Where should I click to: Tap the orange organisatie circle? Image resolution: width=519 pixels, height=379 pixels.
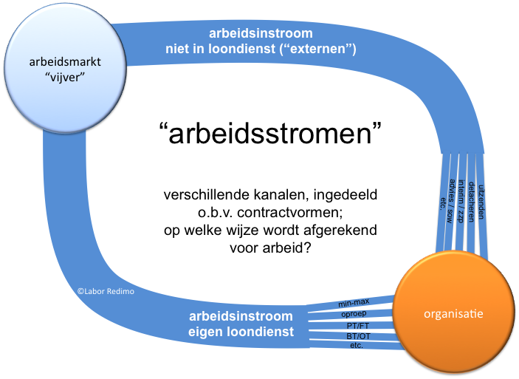(453, 313)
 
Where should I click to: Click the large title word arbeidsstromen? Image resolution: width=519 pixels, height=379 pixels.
(270, 133)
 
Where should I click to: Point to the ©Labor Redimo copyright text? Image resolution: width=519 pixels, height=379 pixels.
(106, 292)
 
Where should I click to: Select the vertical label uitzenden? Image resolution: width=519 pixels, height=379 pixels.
(481, 202)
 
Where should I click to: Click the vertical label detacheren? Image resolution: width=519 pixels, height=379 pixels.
(472, 202)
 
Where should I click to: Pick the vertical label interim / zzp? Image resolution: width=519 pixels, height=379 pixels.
(461, 201)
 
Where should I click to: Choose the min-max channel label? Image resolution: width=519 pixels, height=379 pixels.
(354, 303)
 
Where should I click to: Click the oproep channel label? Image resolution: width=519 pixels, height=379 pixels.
(354, 314)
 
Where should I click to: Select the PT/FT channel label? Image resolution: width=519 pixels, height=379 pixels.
(358, 326)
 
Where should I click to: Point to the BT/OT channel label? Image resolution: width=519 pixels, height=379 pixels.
(358, 336)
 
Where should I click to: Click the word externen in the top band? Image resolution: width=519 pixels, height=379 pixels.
(317, 49)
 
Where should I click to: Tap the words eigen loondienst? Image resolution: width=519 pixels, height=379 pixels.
(241, 332)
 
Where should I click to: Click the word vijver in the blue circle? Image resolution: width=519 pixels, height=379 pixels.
(65, 77)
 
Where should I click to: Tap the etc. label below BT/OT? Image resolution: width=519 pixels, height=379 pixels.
(357, 346)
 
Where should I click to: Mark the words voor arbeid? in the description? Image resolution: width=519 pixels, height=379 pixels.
(270, 247)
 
